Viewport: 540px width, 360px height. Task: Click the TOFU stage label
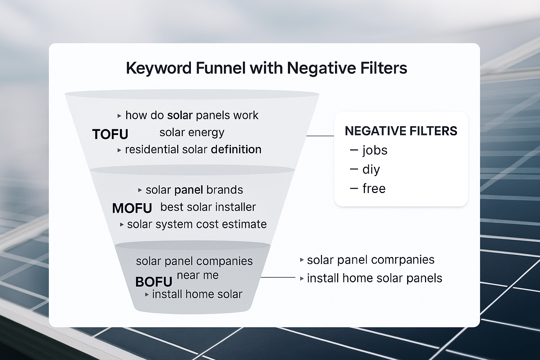tap(110, 134)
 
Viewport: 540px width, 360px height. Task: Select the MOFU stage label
tap(132, 208)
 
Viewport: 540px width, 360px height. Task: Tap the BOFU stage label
tap(154, 282)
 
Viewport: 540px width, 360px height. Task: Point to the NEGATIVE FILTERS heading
tap(401, 131)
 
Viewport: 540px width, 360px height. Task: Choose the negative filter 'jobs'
tap(375, 150)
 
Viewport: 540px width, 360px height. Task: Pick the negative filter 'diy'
tap(371, 170)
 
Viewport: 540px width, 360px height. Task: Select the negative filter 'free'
tap(374, 189)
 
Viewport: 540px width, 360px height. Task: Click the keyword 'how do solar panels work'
tap(192, 115)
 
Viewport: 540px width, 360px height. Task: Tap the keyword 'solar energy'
tap(192, 133)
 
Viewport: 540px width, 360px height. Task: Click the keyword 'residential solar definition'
tap(193, 149)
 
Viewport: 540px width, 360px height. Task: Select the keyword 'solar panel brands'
tap(194, 190)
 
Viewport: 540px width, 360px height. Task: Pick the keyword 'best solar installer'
tap(208, 207)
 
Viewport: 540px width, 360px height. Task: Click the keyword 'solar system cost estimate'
tap(197, 224)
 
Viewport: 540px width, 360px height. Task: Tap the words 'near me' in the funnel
tap(198, 275)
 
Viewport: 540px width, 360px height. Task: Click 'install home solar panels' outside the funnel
tap(374, 278)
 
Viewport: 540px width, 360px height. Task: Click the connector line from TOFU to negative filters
tap(320, 136)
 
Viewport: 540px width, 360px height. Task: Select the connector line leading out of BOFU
tap(278, 277)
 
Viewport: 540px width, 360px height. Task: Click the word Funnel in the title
tap(220, 68)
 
